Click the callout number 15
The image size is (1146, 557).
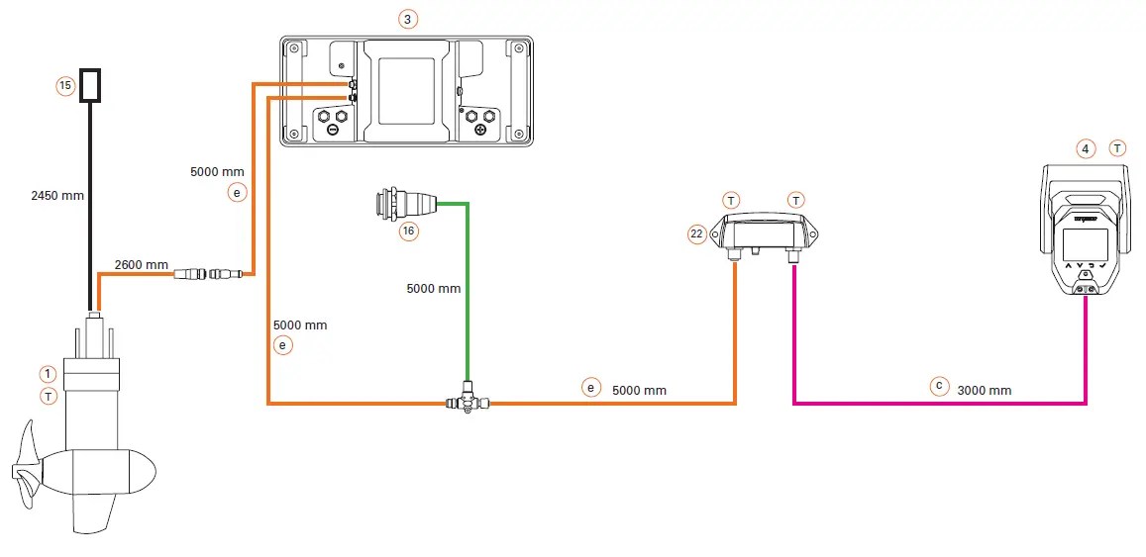(x=65, y=86)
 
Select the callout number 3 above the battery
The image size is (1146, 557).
(x=407, y=19)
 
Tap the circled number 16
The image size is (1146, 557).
(x=407, y=232)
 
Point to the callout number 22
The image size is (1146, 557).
(x=696, y=233)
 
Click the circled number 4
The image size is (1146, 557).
(x=1087, y=148)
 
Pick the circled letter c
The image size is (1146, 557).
(x=940, y=385)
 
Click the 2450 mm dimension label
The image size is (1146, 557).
(x=56, y=195)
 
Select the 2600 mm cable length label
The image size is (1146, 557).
(x=142, y=265)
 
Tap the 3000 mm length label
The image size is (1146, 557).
(x=985, y=391)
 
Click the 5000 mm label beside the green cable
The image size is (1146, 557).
(x=434, y=289)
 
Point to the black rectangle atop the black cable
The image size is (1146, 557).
(x=92, y=85)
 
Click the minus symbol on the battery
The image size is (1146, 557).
(x=331, y=130)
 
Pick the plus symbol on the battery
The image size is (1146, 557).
(x=480, y=130)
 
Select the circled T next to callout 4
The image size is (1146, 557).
(x=1117, y=148)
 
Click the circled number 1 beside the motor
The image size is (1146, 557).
(x=48, y=373)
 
